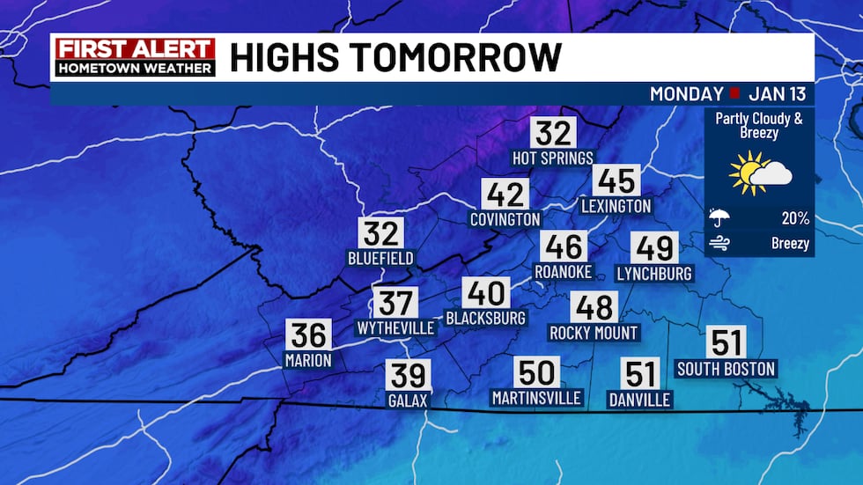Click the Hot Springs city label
(x=553, y=158)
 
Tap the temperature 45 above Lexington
(x=616, y=180)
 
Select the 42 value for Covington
(x=505, y=194)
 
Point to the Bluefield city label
(x=380, y=259)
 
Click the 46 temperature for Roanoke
(x=564, y=246)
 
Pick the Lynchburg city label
(x=654, y=273)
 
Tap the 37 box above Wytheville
(x=395, y=303)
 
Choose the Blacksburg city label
(x=486, y=318)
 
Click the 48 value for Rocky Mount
(x=593, y=307)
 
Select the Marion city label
(x=308, y=359)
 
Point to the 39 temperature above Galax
(x=408, y=375)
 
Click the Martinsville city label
(x=536, y=398)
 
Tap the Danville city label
(x=639, y=400)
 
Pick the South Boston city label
(x=726, y=369)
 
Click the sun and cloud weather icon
(x=759, y=173)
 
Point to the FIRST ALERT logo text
(x=135, y=48)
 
